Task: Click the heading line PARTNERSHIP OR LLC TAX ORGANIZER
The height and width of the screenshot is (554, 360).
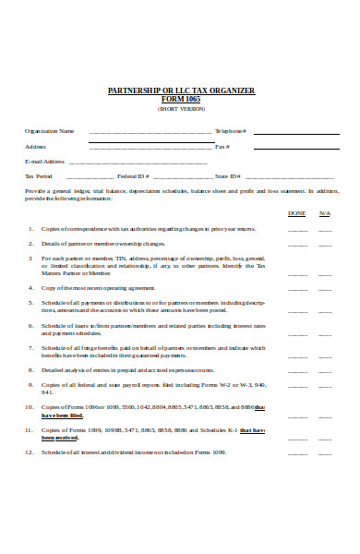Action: (x=181, y=90)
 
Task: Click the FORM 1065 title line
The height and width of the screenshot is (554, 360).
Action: (x=181, y=99)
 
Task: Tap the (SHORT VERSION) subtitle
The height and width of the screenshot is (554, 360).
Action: (x=181, y=108)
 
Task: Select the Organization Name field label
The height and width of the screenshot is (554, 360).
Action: (x=49, y=131)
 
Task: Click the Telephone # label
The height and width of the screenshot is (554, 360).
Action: (x=231, y=131)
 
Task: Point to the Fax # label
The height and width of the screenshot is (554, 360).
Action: (x=222, y=146)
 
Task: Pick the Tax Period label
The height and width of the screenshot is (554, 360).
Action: (x=39, y=175)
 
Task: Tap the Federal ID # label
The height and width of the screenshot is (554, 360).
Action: (x=134, y=175)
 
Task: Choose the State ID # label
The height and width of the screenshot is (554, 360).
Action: (x=228, y=175)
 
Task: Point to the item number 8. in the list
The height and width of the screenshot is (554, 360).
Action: (x=30, y=369)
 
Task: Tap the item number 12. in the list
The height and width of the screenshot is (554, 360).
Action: (x=29, y=452)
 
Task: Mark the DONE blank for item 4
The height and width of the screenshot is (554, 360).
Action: (x=297, y=289)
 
